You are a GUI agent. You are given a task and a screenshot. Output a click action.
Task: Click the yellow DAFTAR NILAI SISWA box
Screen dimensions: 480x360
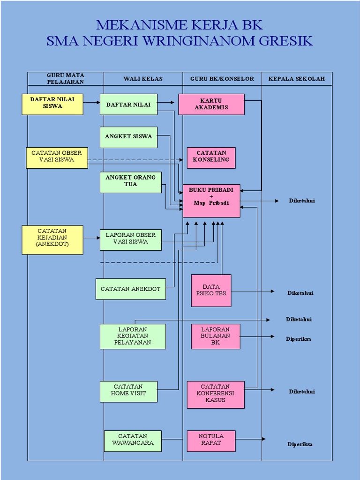(52, 104)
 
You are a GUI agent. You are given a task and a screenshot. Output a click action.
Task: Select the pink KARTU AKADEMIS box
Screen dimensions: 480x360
(211, 104)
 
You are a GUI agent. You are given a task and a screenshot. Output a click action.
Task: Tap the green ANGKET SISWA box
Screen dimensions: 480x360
(128, 137)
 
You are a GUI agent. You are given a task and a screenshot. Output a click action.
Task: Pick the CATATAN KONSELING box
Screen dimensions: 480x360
(211, 157)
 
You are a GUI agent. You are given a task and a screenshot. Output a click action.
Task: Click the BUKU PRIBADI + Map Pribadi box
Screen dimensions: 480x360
(211, 201)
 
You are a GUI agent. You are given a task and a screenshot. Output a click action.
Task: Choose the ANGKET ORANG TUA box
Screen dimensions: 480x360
(130, 182)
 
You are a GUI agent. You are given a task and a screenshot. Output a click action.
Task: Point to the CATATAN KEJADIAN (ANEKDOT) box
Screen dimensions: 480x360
(52, 240)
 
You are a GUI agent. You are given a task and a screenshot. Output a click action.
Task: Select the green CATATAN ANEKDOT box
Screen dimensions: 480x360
(130, 289)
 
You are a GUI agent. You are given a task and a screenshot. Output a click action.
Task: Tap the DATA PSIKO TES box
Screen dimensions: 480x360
(211, 291)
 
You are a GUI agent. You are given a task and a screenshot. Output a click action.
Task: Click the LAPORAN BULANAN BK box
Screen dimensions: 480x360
(216, 337)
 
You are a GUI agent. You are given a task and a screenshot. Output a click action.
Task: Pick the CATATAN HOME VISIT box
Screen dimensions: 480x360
(128, 391)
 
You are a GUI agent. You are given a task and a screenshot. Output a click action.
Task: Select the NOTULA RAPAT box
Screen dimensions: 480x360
(211, 441)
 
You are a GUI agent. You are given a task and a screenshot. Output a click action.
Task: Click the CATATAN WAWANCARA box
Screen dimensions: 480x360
(133, 441)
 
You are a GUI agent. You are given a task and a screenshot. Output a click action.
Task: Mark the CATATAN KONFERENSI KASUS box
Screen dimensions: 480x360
(216, 394)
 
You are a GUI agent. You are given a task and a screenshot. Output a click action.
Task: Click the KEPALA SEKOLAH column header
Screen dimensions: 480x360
(296, 79)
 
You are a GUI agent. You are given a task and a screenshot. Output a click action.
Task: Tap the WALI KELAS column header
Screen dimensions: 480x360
(143, 79)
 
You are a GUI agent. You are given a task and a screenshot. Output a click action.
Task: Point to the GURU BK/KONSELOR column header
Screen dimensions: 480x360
(222, 79)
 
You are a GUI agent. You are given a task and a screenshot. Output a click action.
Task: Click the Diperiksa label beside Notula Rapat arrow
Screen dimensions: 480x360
(300, 444)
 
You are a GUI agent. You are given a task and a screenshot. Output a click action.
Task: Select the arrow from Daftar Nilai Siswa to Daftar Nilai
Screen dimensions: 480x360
(91, 102)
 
